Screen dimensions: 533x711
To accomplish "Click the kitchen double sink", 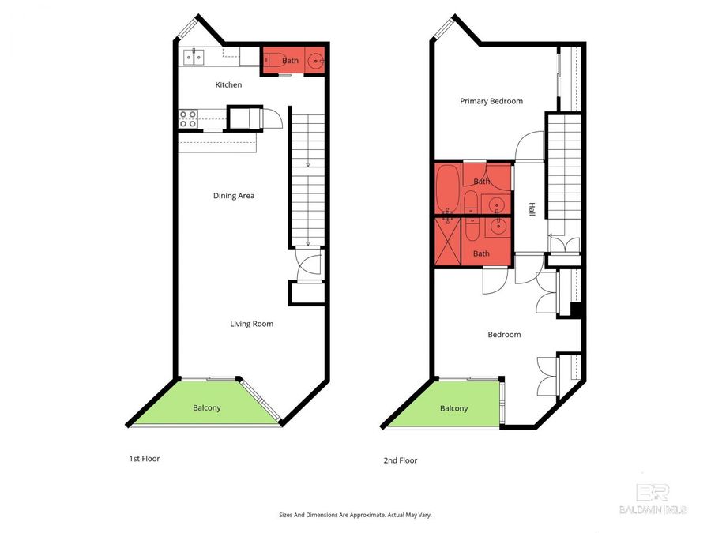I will coord(194,56).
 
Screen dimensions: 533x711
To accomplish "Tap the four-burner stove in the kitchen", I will coord(188,118).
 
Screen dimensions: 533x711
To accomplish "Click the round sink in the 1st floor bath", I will coord(314,59).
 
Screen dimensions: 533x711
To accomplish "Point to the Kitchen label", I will coord(228,84).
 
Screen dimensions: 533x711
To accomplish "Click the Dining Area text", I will coord(234,195).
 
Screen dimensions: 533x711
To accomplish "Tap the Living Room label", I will coord(251,323).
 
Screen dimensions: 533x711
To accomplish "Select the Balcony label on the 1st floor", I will coord(206,407).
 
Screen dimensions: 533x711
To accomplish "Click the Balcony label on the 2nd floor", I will coord(453,408).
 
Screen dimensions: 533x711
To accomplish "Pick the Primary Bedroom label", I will coord(491,101).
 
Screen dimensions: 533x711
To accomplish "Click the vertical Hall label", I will coord(532,209).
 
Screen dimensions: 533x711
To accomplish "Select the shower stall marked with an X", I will coord(447,242).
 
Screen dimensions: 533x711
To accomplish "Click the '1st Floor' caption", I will coord(145,458).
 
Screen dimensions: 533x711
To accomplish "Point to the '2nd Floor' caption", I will coord(401,460).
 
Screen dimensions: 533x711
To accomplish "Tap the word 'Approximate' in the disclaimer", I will coord(362,515).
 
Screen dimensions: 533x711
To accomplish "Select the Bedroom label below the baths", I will coord(504,335).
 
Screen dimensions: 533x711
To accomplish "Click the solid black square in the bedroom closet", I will coord(576,311).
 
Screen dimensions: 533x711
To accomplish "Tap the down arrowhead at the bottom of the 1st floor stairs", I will coord(308,242).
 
